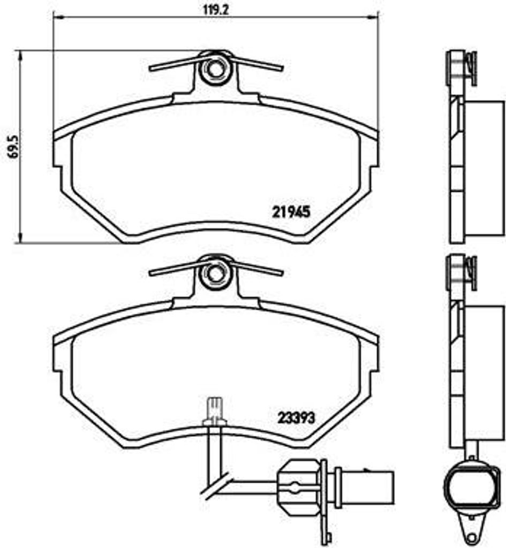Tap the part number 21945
click(291, 212)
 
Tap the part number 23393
click(296, 417)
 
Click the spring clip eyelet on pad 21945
click(214, 68)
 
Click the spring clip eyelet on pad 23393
click(214, 273)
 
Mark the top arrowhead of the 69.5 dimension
click(20, 55)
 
